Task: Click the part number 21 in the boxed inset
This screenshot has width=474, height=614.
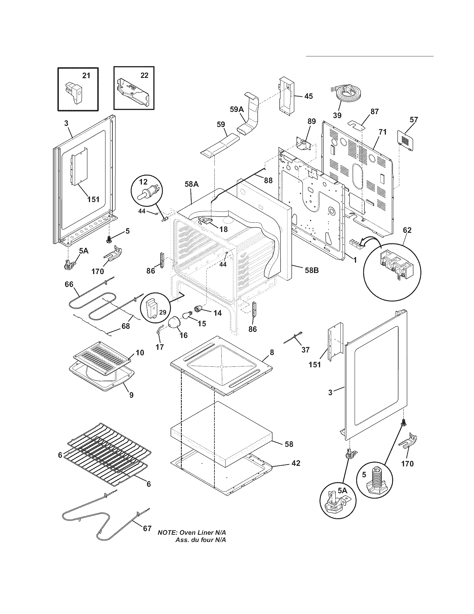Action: tap(86, 75)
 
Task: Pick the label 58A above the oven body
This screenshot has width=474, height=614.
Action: tap(192, 184)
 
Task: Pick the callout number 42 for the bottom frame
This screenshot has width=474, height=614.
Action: tap(296, 463)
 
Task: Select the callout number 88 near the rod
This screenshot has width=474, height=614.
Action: tap(268, 181)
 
